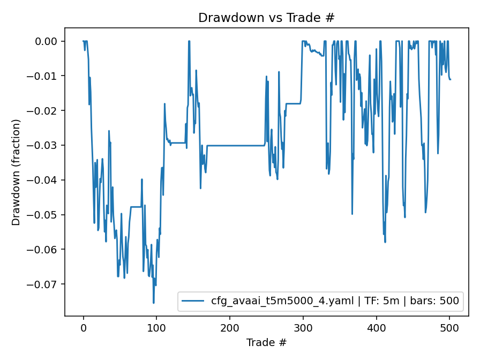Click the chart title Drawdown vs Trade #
click(266, 18)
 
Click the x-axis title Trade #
click(266, 342)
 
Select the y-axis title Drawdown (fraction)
click(16, 172)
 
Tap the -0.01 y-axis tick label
click(47, 76)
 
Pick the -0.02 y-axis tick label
click(47, 111)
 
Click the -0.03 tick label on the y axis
click(47, 145)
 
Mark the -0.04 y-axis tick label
click(47, 180)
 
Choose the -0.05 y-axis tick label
click(47, 215)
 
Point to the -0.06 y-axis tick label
click(47, 250)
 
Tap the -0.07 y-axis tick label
click(47, 284)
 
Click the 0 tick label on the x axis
click(84, 327)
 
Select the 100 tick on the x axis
click(156, 327)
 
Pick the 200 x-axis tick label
click(230, 327)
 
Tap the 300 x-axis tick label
click(303, 327)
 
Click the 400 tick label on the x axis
click(376, 327)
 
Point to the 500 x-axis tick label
click(449, 327)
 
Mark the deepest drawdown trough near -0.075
click(154, 303)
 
